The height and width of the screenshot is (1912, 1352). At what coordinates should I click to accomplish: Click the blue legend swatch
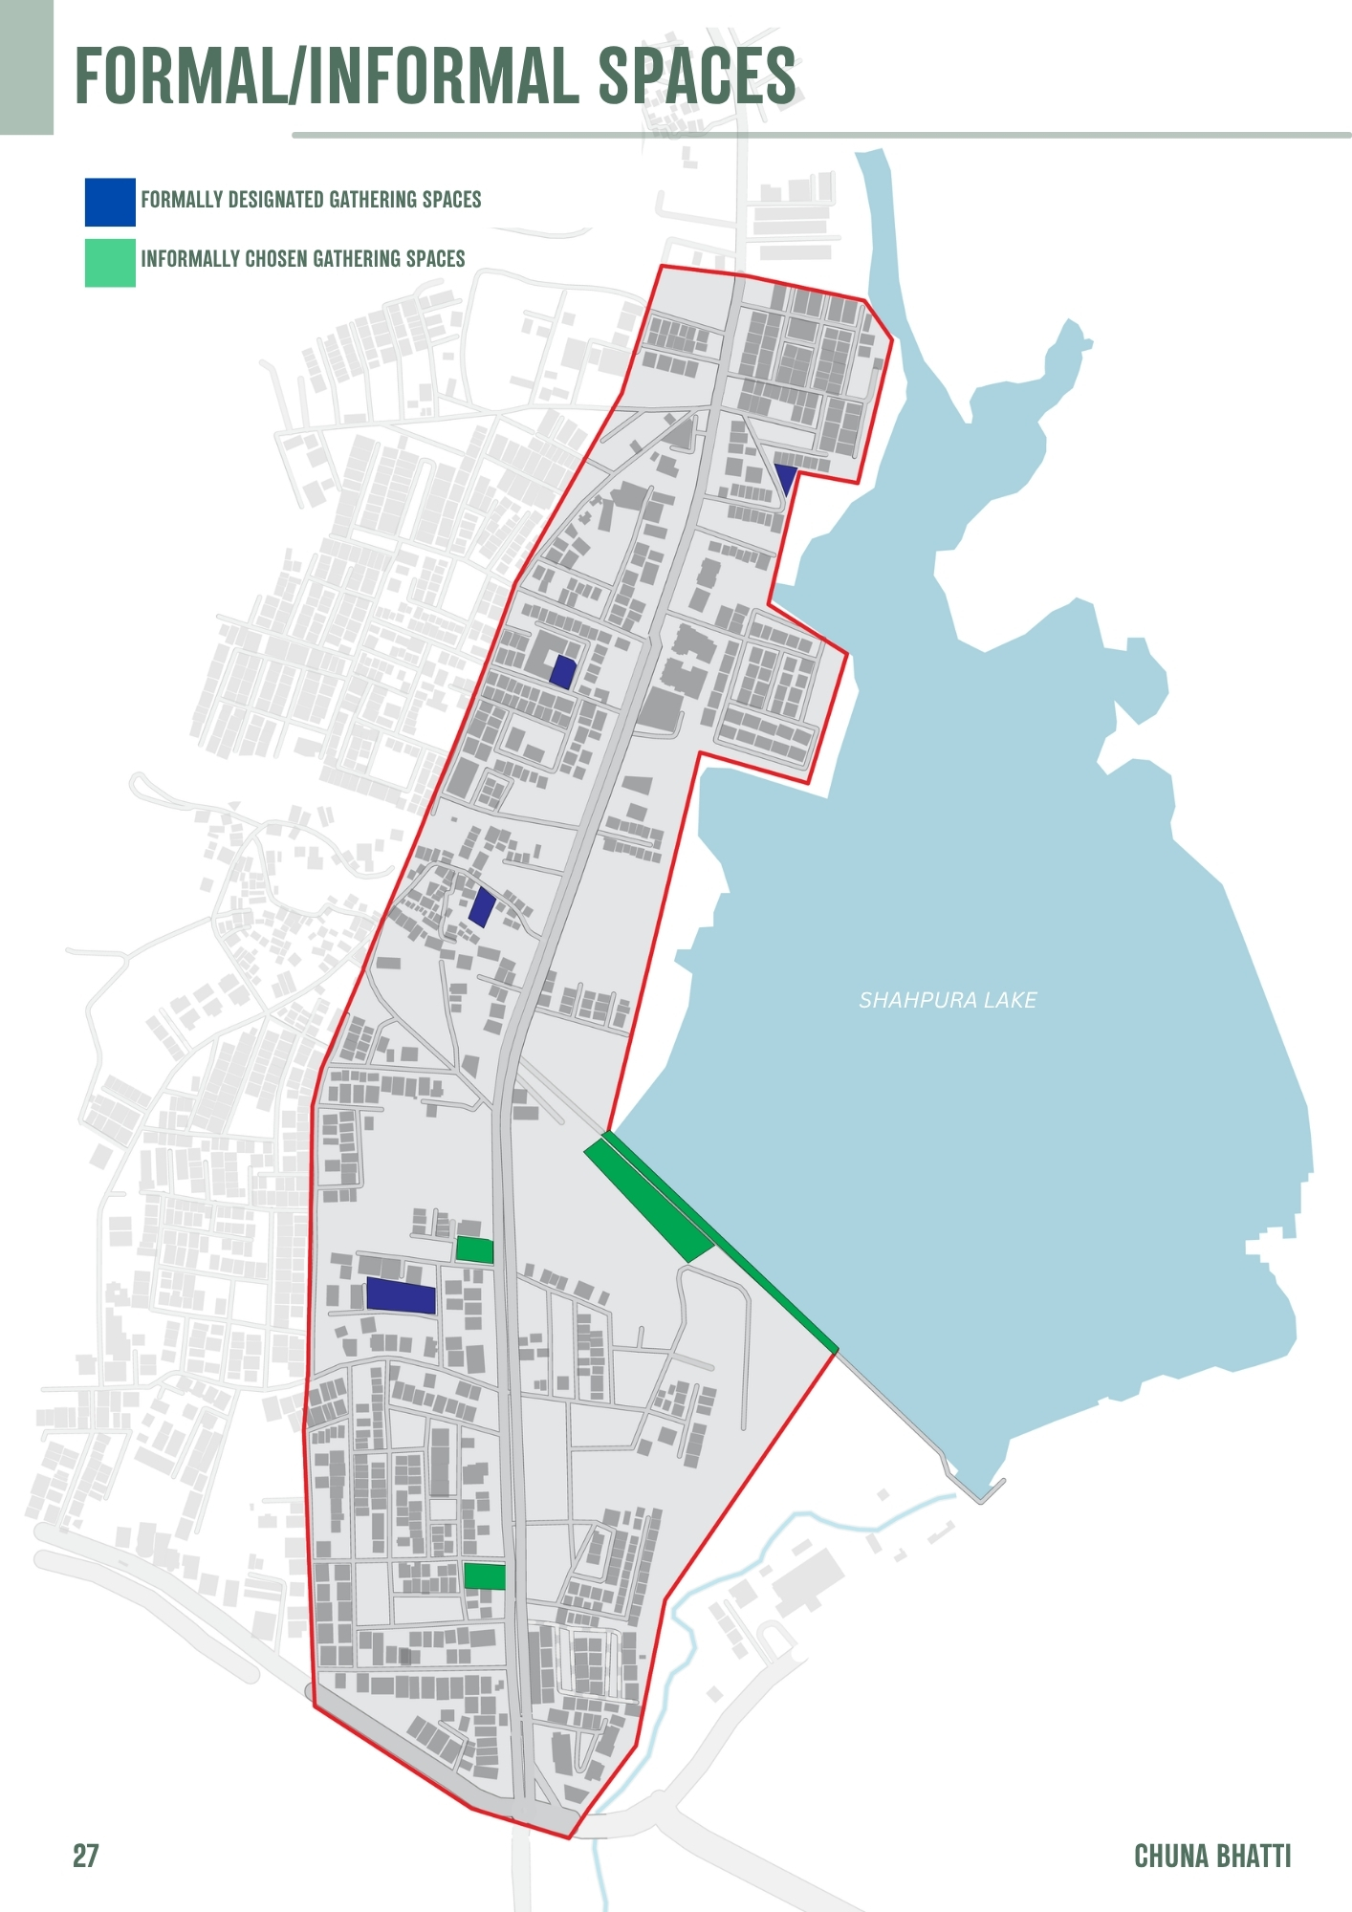tap(110, 202)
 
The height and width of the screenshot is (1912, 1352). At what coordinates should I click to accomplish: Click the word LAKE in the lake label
tap(1011, 1000)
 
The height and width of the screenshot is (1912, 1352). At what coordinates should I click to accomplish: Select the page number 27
tap(85, 1856)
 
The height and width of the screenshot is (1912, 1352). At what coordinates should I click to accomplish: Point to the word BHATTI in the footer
tap(1253, 1856)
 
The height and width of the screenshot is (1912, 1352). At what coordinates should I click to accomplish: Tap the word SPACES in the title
tap(697, 76)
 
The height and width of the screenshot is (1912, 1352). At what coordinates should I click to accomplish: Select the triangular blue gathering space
tap(785, 476)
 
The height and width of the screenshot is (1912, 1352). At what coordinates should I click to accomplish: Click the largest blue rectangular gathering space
tap(401, 1295)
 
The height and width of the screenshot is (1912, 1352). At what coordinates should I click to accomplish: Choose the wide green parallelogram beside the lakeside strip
tap(650, 1200)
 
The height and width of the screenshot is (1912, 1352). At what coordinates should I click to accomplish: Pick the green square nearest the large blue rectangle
tap(474, 1249)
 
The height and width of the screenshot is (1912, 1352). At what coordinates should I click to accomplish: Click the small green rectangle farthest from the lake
tap(484, 1576)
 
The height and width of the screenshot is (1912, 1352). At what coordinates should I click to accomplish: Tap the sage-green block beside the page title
tap(26, 67)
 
